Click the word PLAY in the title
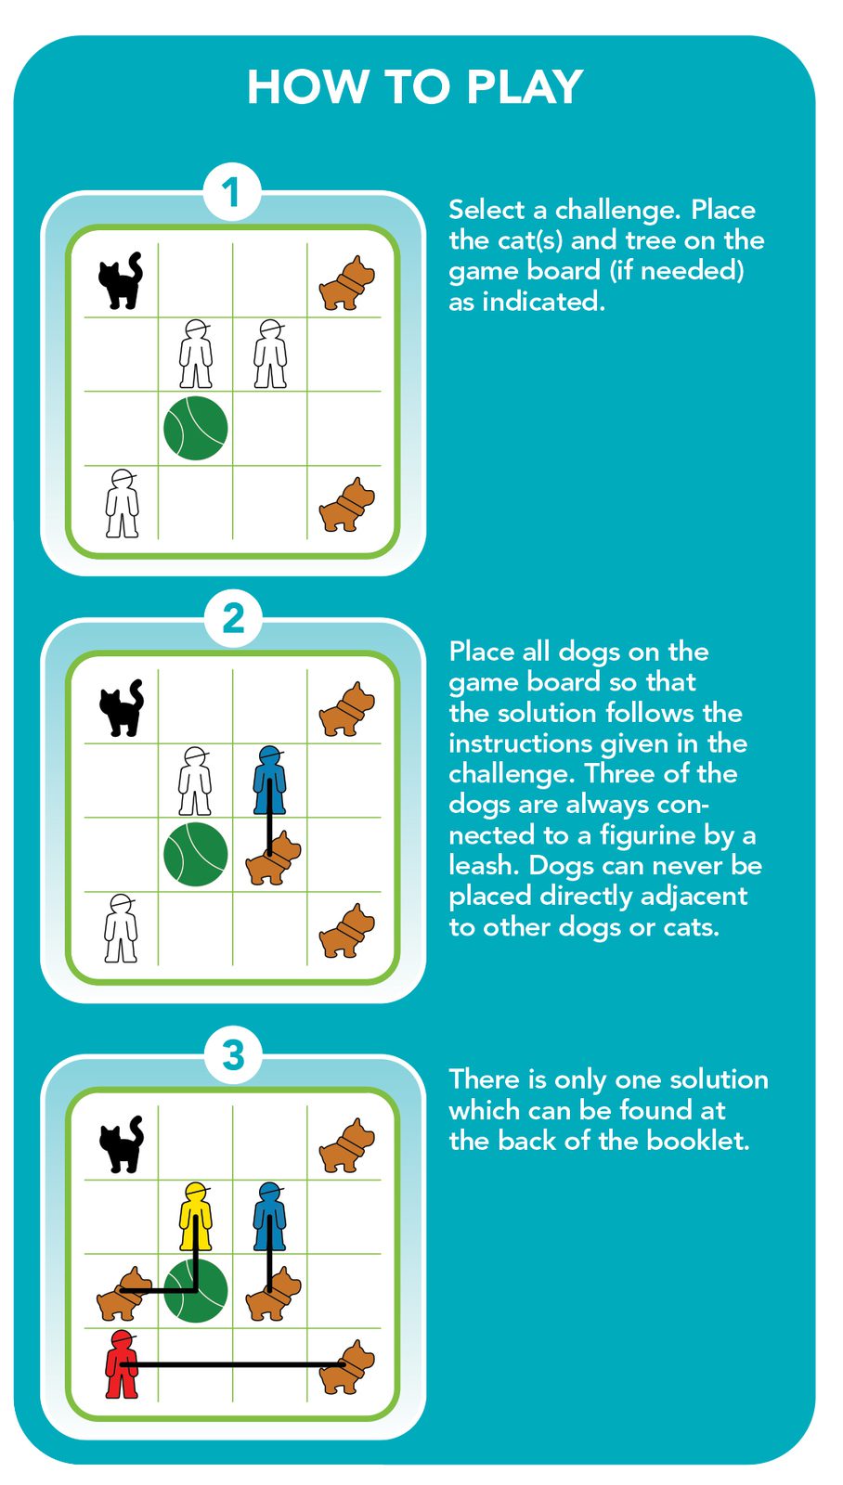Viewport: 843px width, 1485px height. (524, 87)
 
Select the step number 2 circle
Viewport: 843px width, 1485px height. (233, 619)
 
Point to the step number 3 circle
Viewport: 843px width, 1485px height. (233, 1054)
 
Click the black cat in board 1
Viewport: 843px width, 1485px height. (121, 280)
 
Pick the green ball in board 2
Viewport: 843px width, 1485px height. (196, 854)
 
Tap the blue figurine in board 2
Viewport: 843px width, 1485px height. (269, 781)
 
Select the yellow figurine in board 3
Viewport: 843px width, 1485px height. (196, 1217)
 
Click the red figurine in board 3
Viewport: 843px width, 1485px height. (122, 1364)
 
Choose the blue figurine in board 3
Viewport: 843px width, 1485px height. (269, 1217)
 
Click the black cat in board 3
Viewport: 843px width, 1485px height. (122, 1145)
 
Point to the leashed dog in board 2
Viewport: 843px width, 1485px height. (273, 858)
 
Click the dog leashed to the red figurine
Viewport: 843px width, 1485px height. (347, 1367)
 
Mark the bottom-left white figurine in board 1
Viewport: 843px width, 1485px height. (122, 503)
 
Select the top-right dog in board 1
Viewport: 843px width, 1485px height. (347, 283)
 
